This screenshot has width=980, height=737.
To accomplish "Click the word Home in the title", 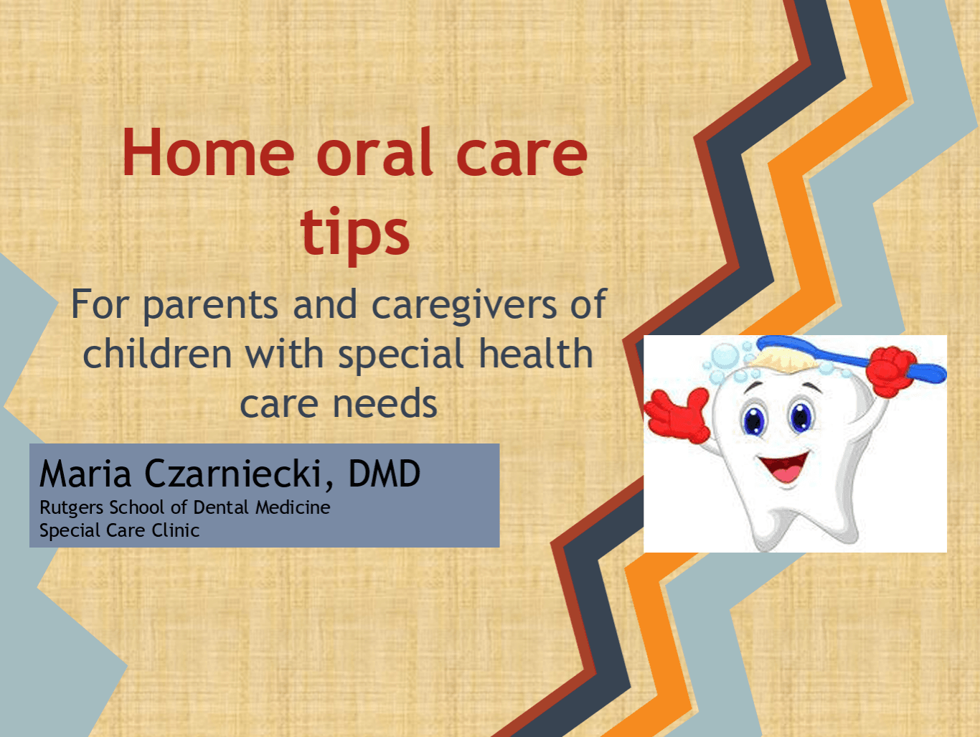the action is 209,153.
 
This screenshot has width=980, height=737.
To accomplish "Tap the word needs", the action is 385,403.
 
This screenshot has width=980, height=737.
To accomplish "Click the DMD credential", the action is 385,473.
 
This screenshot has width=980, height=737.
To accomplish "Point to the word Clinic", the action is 176,530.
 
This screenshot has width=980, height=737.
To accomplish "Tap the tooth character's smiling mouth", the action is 784,467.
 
